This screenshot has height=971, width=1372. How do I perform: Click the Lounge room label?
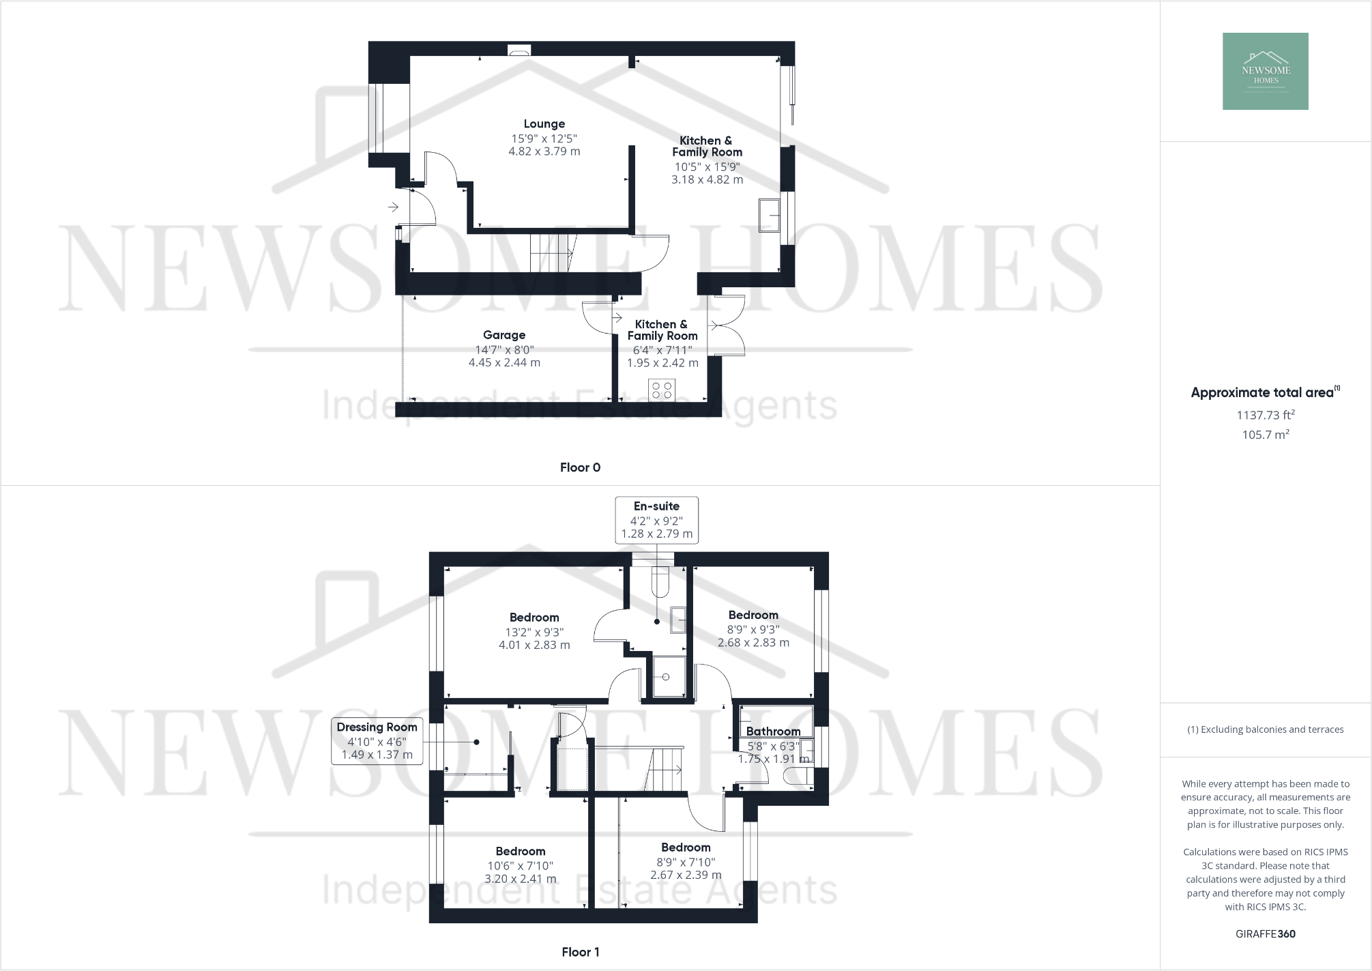pos(544,124)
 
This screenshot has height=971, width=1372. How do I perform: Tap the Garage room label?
pos(504,335)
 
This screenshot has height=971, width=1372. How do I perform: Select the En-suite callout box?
pos(656,520)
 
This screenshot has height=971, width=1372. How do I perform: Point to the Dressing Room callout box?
pos(377,741)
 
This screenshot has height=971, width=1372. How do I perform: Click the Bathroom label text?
pos(773,731)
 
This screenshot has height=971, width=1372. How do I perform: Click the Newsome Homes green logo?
pos(1265,72)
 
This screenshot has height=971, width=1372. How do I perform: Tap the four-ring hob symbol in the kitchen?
pos(662,390)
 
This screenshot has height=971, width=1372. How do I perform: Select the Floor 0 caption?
pos(580,467)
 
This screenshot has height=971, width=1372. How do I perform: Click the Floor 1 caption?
pos(580,952)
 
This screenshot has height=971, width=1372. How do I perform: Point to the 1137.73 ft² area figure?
pos(1265,415)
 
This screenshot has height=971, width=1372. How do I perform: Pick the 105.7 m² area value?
pos(1265,435)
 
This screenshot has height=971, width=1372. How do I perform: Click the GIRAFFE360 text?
pos(1265,934)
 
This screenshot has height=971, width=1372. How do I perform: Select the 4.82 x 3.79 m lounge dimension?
pos(544,151)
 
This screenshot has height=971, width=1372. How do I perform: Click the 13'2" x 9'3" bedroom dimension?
pos(534,632)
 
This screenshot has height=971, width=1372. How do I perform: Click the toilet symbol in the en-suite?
pos(660,582)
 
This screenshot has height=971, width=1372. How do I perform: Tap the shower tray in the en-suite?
pos(667,676)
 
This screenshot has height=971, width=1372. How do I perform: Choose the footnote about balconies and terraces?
pos(1265,729)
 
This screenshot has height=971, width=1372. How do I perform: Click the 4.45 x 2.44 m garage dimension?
pos(504,363)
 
